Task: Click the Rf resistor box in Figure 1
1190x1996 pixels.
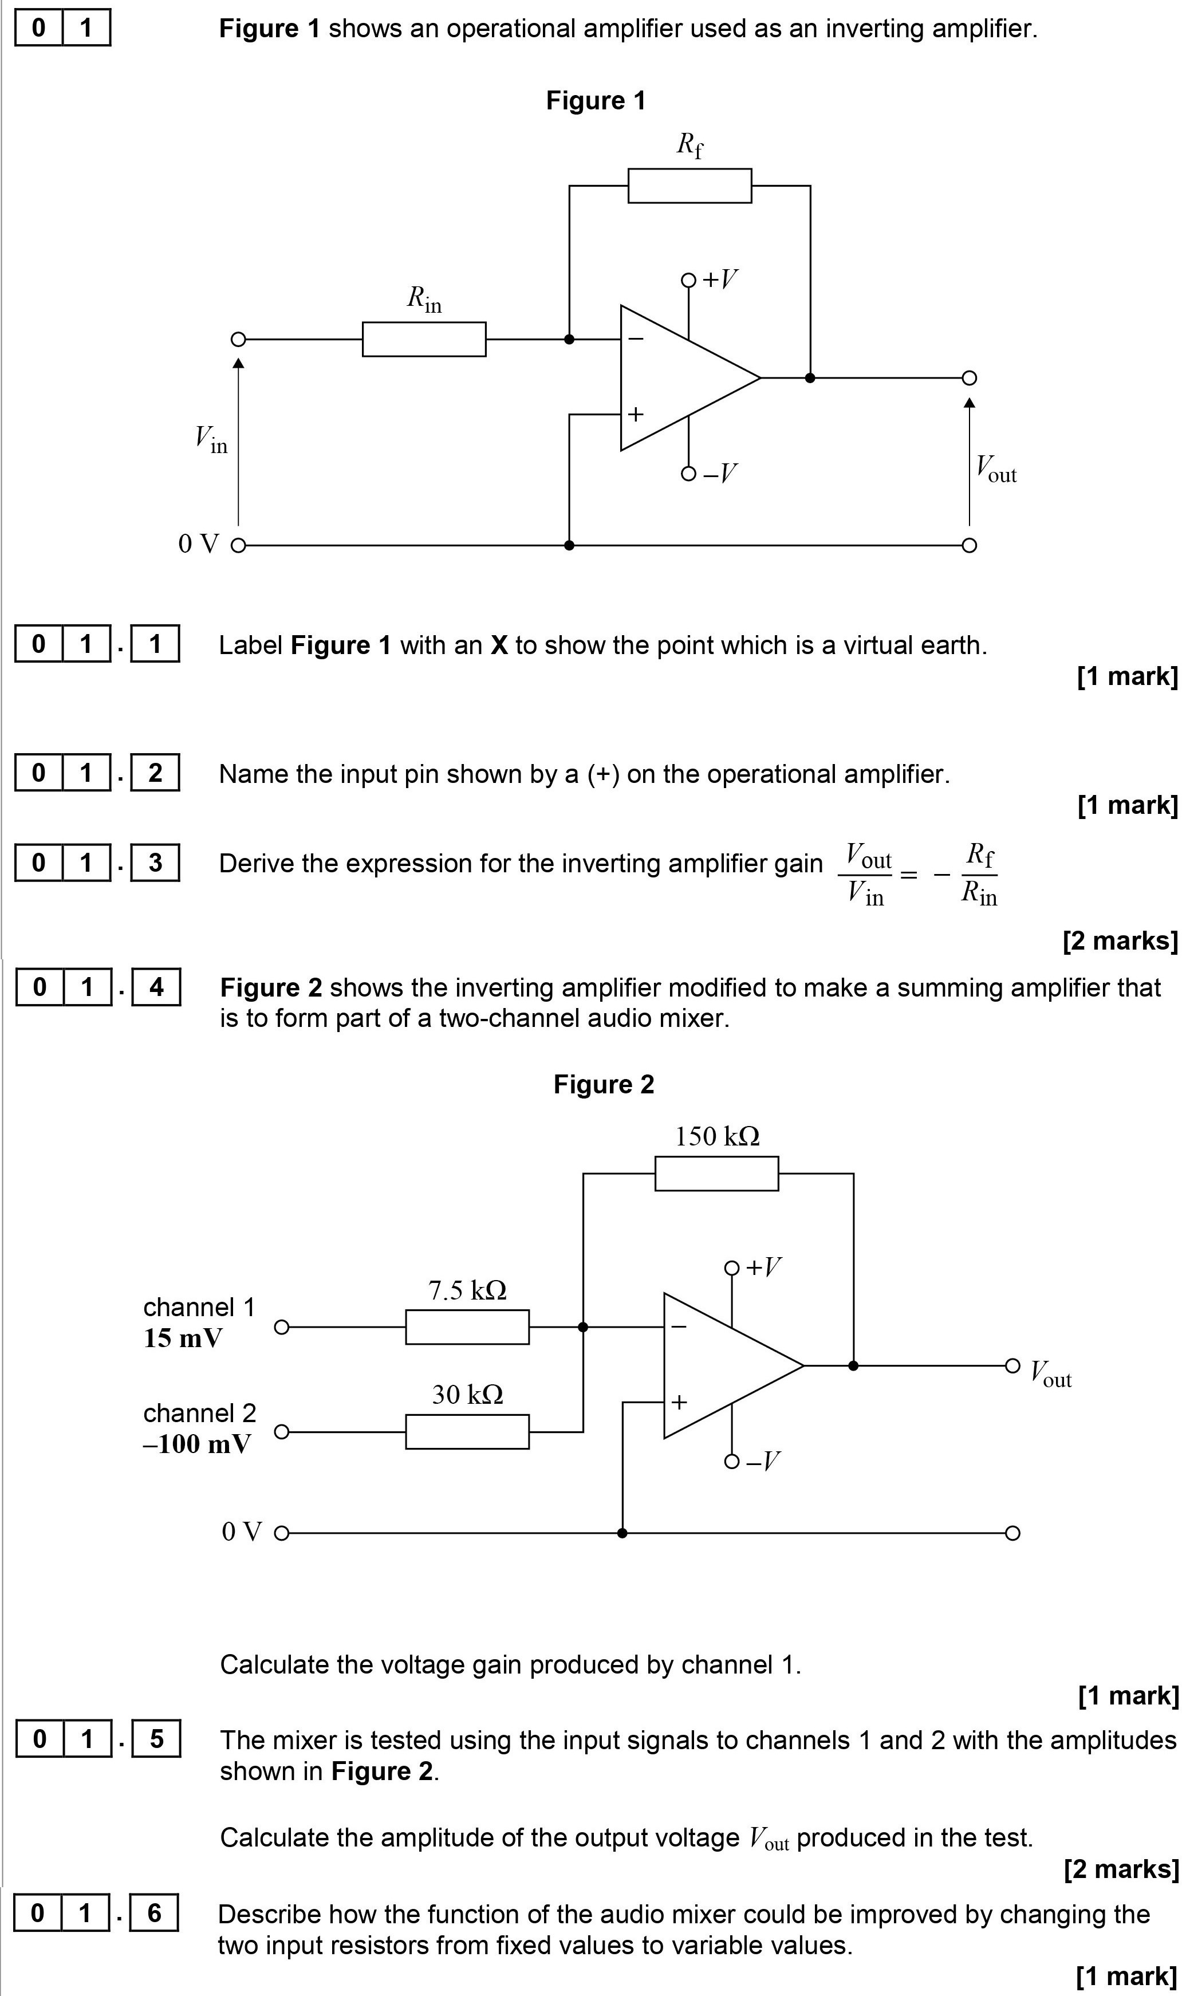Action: coord(689,185)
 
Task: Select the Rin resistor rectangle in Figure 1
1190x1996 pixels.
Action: coord(423,339)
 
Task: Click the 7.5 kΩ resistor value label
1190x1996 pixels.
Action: coord(467,1290)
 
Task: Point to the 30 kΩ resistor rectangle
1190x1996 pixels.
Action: coord(467,1431)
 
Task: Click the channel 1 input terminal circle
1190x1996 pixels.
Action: coord(281,1327)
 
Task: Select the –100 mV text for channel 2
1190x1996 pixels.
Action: coord(196,1444)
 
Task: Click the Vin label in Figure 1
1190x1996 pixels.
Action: coord(211,439)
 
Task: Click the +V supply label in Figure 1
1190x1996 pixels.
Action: coord(719,279)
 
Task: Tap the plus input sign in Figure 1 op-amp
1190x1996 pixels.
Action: coord(635,415)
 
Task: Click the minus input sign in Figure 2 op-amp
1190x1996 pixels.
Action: coord(679,1327)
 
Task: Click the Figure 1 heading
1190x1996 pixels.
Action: coord(595,101)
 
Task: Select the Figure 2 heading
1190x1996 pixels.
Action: coord(603,1084)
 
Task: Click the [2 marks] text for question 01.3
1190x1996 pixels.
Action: coord(1120,940)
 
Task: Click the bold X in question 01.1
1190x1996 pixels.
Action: coord(499,645)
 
